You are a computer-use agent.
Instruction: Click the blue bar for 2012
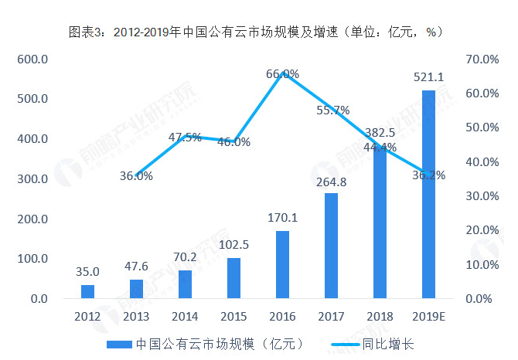click(87, 291)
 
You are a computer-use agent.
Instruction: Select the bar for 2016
click(282, 264)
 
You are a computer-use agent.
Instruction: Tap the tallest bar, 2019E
click(428, 194)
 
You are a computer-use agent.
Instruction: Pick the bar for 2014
click(185, 284)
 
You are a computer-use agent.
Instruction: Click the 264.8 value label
click(330, 182)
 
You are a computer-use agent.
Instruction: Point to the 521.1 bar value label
click(428, 77)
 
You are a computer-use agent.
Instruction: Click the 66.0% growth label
click(282, 74)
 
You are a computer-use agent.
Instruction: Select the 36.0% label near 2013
click(136, 175)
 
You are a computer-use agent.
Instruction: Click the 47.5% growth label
click(185, 137)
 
